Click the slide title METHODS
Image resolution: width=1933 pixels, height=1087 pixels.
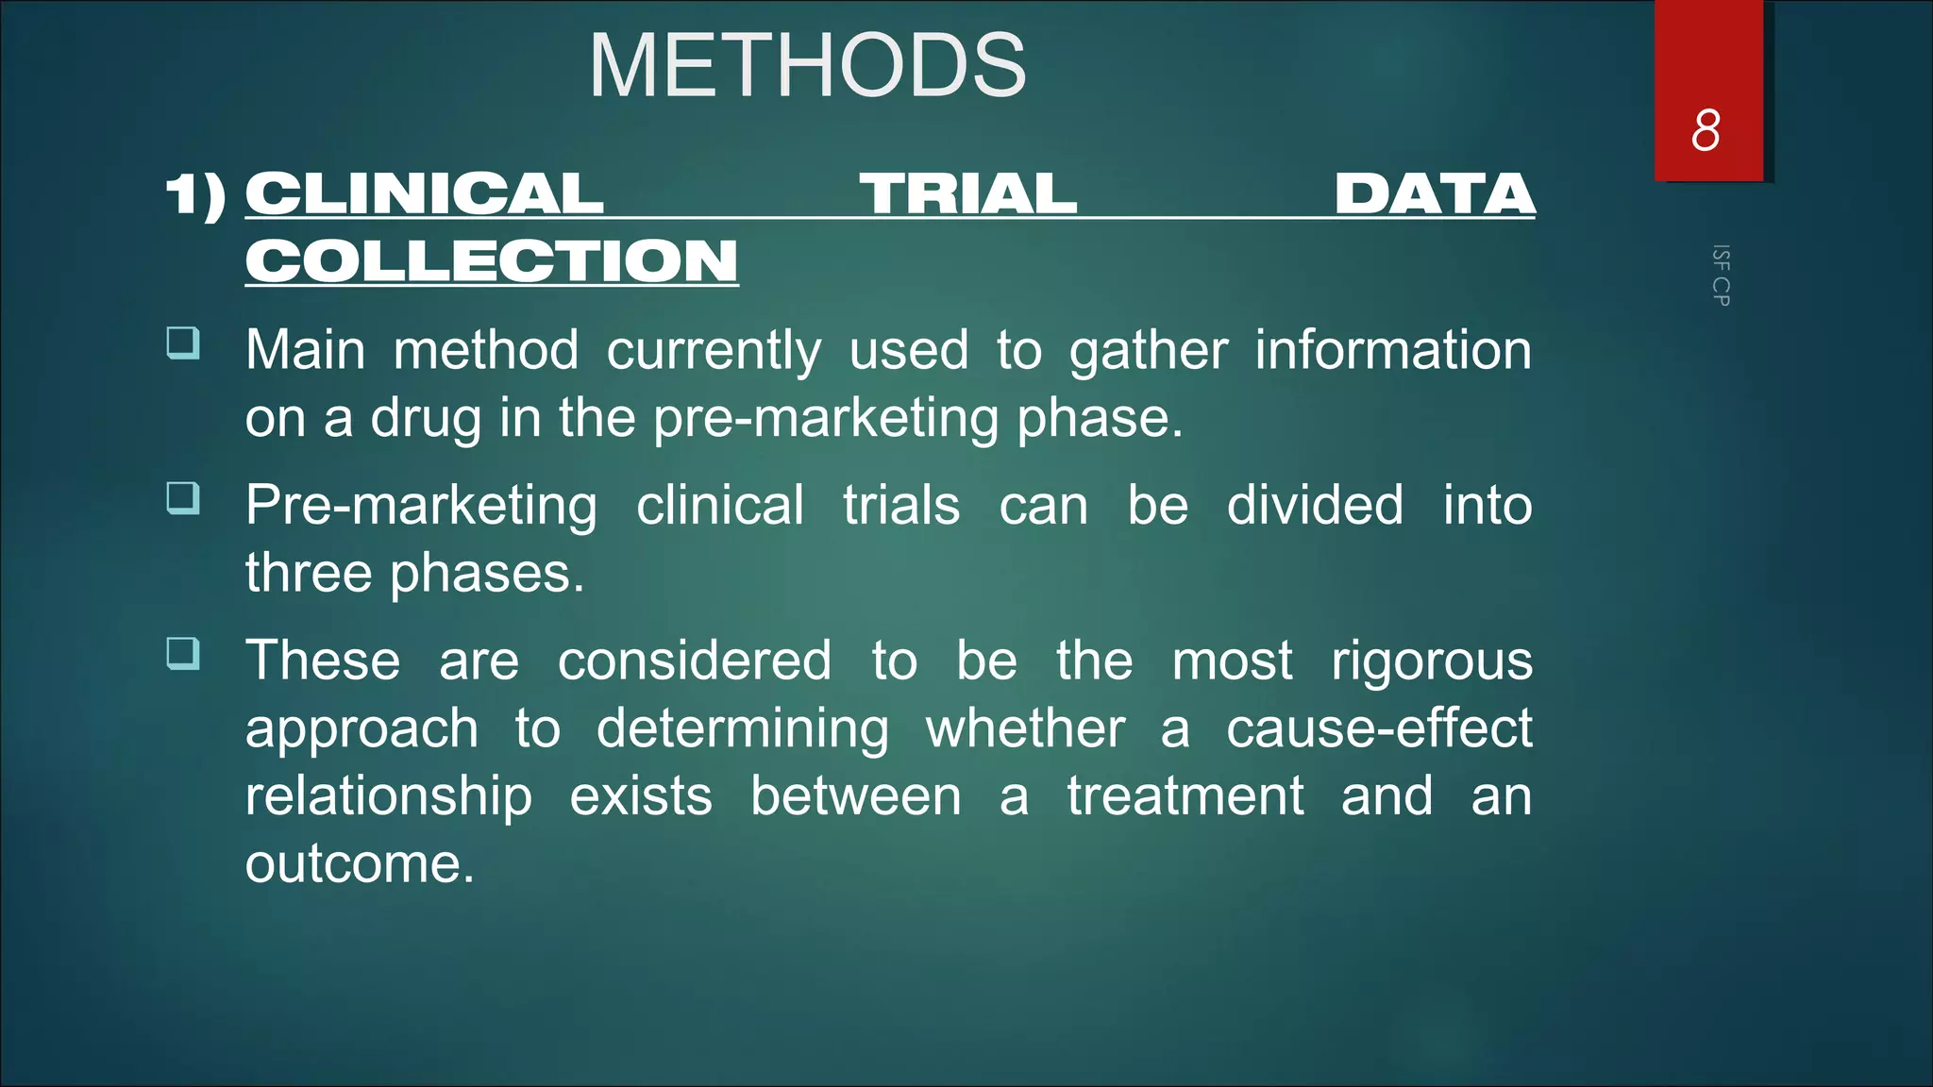[807, 66]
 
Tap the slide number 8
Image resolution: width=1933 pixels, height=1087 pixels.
[1706, 130]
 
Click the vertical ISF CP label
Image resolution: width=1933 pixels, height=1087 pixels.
[1721, 276]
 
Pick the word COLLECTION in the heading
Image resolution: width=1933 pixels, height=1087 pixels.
[492, 260]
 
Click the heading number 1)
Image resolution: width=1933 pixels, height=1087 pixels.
[196, 195]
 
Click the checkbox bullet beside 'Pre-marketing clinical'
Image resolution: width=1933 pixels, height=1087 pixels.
[183, 497]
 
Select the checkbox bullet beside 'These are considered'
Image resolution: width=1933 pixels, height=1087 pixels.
[183, 652]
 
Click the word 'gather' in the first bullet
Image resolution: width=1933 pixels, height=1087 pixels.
[1148, 351]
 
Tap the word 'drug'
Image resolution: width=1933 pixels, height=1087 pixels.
[426, 419]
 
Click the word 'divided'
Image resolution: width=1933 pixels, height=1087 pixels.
[1314, 506]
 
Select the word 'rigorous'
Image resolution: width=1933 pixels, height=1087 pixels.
[1431, 661]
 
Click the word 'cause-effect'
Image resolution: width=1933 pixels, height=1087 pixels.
[1378, 728]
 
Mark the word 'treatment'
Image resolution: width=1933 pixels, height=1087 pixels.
[1185, 796]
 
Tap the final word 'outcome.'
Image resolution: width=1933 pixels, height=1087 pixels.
[360, 864]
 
